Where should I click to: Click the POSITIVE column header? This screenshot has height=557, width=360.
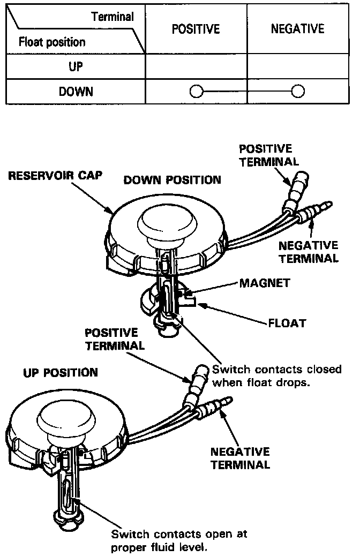tap(196, 29)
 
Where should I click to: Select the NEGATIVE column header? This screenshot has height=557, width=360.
tap(297, 29)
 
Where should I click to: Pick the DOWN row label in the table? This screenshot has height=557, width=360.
tap(75, 92)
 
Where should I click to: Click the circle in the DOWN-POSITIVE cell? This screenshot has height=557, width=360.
tap(196, 92)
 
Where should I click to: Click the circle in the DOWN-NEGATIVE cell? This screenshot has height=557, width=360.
tap(297, 92)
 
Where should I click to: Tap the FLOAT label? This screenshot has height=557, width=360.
tap(287, 323)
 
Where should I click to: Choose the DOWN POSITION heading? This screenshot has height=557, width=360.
tap(172, 180)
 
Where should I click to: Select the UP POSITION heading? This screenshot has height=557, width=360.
tap(60, 372)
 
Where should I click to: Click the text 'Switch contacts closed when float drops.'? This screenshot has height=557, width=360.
tap(276, 376)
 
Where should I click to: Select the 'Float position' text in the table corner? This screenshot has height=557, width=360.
tap(52, 42)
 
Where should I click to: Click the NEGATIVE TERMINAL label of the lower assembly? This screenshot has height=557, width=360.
tap(240, 458)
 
